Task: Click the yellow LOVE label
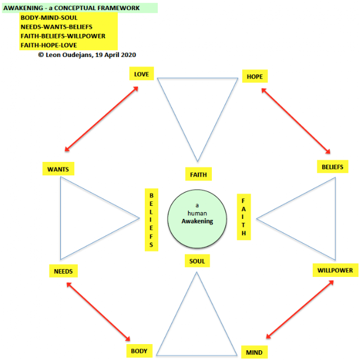pyautogui.click(x=141, y=73)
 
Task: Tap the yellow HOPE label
pyautogui.click(x=255, y=76)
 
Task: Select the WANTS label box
pyautogui.click(x=58, y=169)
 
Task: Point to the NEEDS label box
pyautogui.click(x=63, y=271)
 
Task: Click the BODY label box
pyautogui.click(x=139, y=351)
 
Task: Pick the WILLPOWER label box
pyautogui.click(x=335, y=270)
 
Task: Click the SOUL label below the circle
pyautogui.click(x=197, y=261)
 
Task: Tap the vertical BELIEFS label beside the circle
pyautogui.click(x=151, y=219)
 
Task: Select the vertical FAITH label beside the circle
pyautogui.click(x=243, y=217)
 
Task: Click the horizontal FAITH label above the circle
pyautogui.click(x=198, y=174)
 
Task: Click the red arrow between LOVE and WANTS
pyautogui.click(x=102, y=118)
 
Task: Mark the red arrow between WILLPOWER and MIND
pyautogui.click(x=297, y=309)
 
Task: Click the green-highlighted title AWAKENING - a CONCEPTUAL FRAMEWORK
pyautogui.click(x=72, y=8)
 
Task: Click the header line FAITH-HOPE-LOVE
pyautogui.click(x=49, y=45)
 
